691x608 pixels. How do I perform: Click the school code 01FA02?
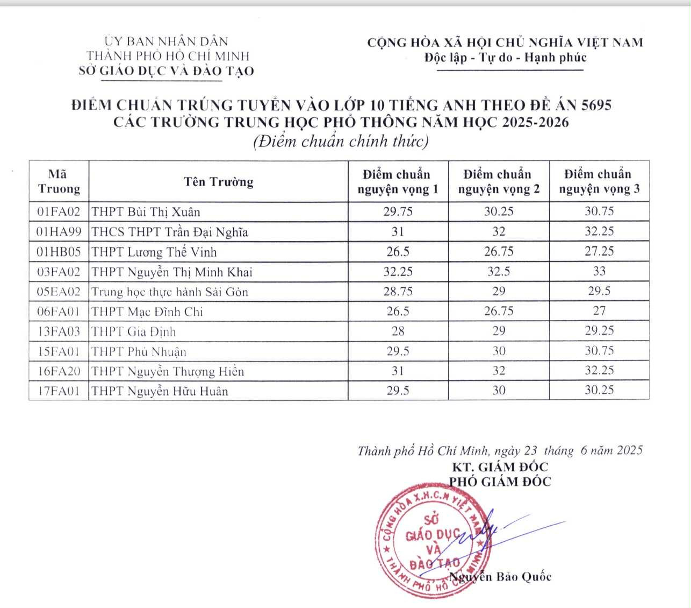[x=59, y=211]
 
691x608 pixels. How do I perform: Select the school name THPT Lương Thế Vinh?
[x=154, y=252]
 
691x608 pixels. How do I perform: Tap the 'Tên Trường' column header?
[x=218, y=181]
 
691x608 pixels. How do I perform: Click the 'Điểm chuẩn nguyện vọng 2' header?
[x=499, y=181]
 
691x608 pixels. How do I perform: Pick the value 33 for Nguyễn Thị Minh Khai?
[x=599, y=271]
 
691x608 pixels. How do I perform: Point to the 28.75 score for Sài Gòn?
[x=398, y=291]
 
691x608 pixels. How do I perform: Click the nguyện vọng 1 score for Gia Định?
[x=398, y=331]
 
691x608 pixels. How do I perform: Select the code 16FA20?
[x=59, y=371]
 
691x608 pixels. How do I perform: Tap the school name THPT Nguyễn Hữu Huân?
[x=160, y=391]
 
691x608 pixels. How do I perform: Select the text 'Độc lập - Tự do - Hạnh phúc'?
[x=505, y=58]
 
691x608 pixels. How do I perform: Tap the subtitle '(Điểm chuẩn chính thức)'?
[x=341, y=142]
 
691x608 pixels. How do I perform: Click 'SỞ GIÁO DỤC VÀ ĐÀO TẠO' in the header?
[x=166, y=71]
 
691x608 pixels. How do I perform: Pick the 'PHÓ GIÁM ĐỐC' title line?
[x=500, y=481]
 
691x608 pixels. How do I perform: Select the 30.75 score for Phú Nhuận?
[x=599, y=351]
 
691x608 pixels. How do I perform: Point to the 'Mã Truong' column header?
[x=59, y=181]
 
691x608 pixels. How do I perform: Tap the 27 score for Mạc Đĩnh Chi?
[x=599, y=311]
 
